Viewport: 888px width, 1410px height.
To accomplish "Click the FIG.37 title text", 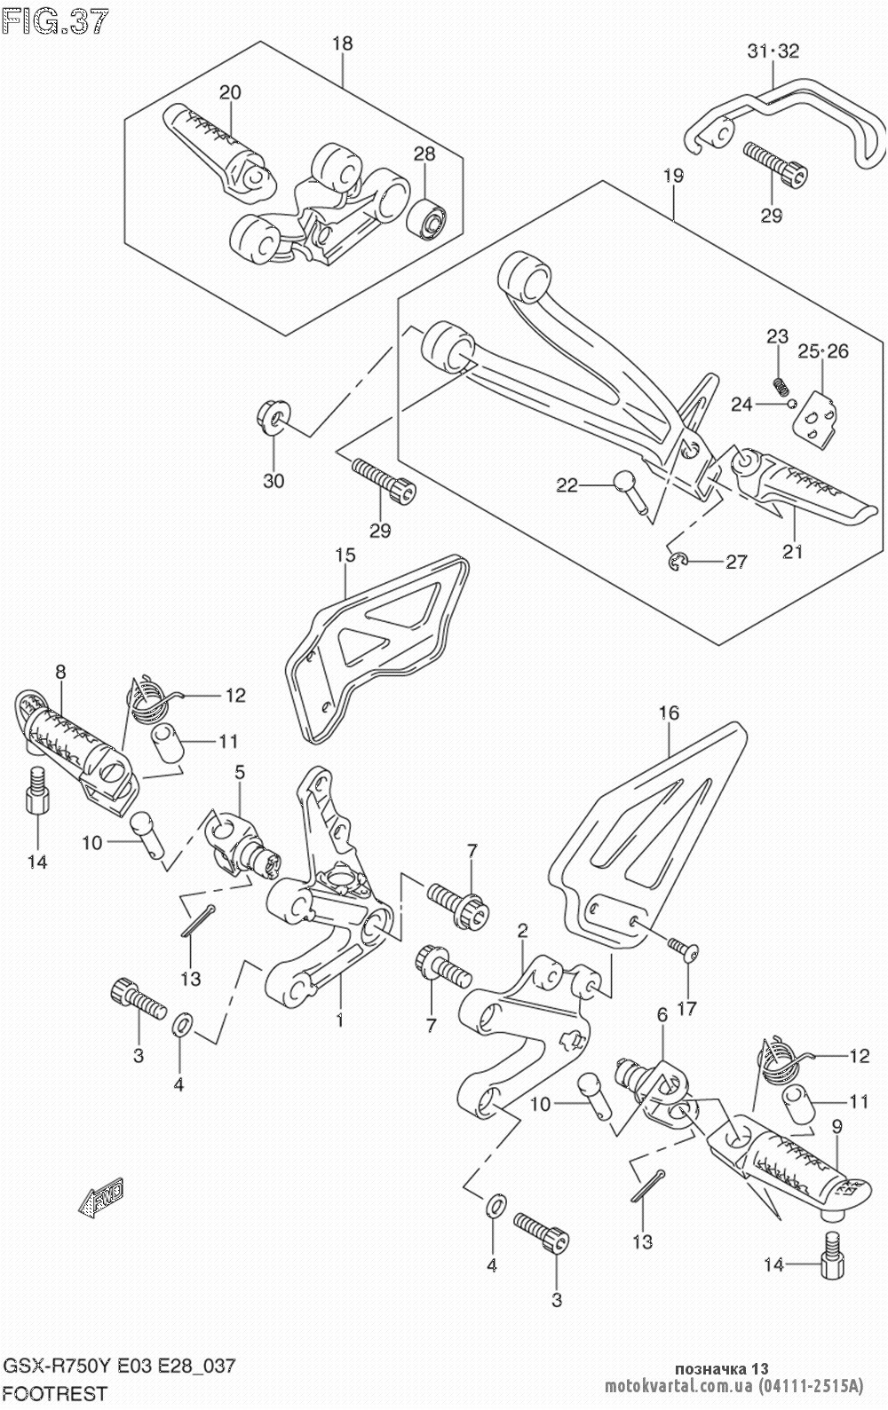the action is click(55, 23).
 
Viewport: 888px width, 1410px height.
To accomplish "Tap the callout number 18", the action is click(343, 44).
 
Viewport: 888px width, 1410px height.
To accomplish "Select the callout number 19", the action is click(673, 176).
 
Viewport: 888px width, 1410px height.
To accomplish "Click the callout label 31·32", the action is click(773, 51).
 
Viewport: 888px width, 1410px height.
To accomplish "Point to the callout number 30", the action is click(274, 482).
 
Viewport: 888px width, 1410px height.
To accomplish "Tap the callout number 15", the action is click(345, 555).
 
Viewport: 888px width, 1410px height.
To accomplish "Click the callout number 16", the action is click(670, 713).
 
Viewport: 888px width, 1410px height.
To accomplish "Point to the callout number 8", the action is click(60, 672).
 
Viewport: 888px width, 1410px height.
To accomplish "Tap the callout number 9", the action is click(837, 1126).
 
